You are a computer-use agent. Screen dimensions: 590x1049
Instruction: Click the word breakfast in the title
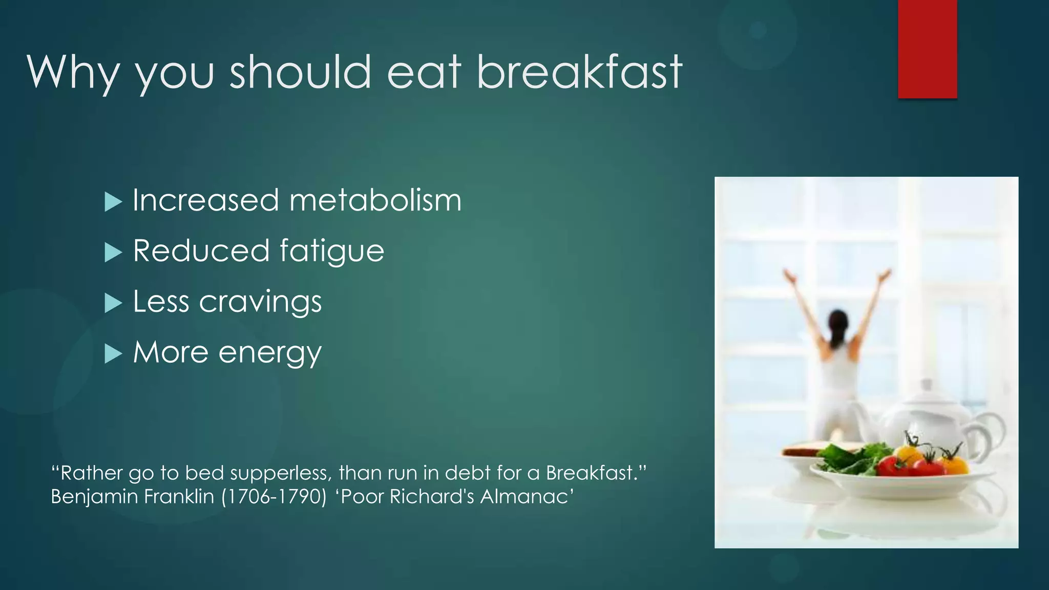579,72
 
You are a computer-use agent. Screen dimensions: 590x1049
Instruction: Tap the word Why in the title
73,73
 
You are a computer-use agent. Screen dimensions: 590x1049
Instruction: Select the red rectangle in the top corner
927,49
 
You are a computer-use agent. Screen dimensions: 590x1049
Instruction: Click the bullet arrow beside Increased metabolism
113,202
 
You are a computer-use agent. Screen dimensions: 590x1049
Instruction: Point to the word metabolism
375,200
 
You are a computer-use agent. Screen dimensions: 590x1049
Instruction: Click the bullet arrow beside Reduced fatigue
113,252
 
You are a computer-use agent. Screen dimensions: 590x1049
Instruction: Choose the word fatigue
332,251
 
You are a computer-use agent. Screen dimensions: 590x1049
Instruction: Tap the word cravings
260,302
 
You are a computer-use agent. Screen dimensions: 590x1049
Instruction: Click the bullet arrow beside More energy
113,353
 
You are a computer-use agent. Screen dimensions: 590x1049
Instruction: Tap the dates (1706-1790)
274,497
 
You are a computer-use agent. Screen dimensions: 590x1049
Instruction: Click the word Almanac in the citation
527,497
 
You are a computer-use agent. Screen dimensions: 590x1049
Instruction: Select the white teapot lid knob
926,385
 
